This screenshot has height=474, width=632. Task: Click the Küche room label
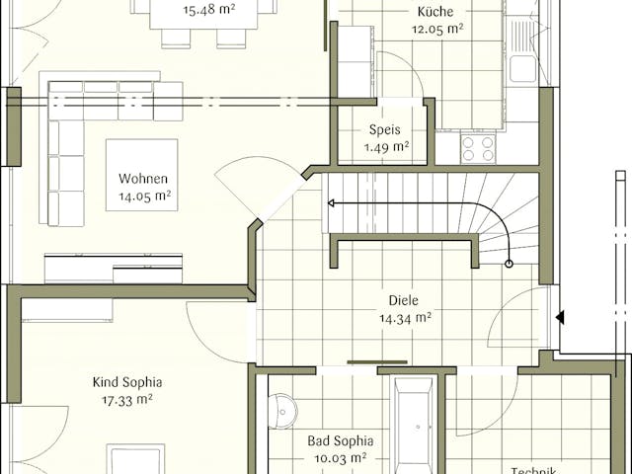point(434,11)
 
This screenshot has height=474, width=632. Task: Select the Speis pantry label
point(385,129)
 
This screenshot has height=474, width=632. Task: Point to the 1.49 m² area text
point(386,147)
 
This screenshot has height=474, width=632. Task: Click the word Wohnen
point(143,179)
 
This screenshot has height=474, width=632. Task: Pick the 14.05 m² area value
point(145,197)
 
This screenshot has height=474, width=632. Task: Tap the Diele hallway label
point(404,300)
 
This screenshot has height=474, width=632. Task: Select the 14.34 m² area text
point(405,318)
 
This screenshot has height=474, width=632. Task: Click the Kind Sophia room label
point(127,382)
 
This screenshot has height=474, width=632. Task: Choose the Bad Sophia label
point(333,440)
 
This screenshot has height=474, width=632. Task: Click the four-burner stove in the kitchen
point(479,148)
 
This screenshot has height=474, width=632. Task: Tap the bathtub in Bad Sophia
point(413,425)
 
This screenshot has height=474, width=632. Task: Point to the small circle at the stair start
point(510,264)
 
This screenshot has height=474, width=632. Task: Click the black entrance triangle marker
point(559,318)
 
